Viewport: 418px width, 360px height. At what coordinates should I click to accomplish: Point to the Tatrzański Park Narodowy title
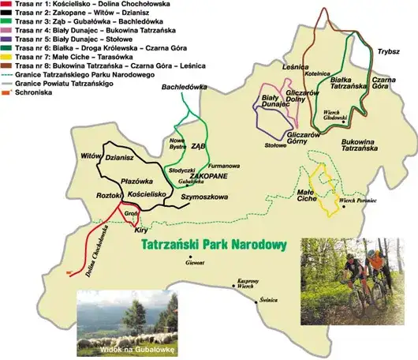pyautogui.click(x=212, y=246)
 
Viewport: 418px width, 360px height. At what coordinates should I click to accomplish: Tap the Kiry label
pyautogui.click(x=141, y=230)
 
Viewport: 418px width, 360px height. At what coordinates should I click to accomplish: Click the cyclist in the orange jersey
pyautogui.click(x=384, y=264)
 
